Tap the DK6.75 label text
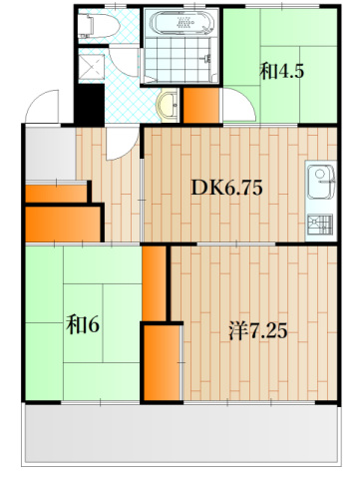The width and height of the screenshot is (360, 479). point(226,187)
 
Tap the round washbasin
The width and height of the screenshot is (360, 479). point(168,103)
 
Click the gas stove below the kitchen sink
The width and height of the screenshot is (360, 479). point(321,223)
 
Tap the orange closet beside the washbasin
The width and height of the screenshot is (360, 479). point(201,105)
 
